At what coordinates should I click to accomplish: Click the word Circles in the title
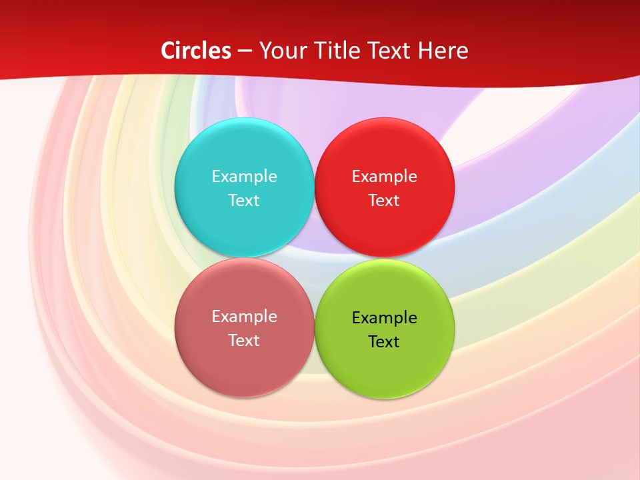click(x=196, y=51)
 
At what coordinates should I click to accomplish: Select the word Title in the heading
click(x=337, y=51)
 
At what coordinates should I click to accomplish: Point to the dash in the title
click(x=245, y=51)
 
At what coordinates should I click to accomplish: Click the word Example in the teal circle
click(x=244, y=177)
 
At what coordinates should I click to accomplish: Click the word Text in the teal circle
click(x=244, y=201)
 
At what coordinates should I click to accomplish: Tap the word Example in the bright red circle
click(x=384, y=177)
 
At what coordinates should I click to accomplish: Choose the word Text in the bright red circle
click(x=384, y=201)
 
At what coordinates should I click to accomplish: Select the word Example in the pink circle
click(x=244, y=317)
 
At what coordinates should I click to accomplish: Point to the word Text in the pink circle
click(x=244, y=341)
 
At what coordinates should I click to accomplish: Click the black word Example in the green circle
click(x=384, y=318)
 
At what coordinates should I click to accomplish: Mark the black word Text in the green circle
click(x=384, y=342)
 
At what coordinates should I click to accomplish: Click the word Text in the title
click(x=388, y=51)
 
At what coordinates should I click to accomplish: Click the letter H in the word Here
click(x=426, y=51)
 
